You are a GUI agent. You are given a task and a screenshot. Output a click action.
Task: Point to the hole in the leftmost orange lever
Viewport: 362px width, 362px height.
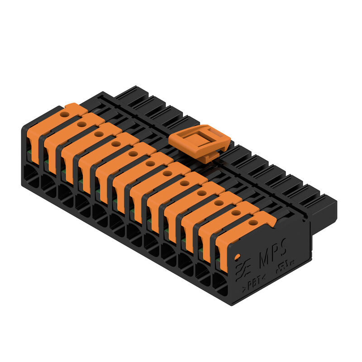[65, 115]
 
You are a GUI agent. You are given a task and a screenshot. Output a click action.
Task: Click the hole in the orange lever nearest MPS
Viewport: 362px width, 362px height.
[253, 222]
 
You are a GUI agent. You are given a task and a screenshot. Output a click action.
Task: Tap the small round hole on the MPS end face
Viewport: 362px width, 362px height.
[237, 257]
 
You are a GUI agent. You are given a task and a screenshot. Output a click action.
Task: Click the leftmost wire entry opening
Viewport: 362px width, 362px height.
[30, 174]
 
